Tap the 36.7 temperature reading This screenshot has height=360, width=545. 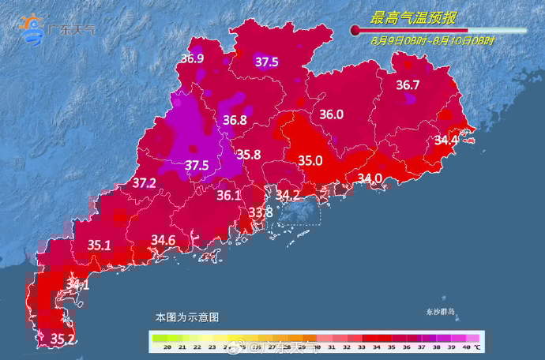tap(408, 84)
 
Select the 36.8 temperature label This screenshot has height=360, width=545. tap(235, 121)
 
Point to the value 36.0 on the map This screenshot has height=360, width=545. tap(331, 114)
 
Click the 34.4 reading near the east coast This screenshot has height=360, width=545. tap(446, 141)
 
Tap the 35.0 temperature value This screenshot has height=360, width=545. tap(310, 160)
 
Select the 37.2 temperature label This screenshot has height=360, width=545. tap(144, 183)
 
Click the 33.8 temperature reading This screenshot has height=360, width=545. tap(260, 212)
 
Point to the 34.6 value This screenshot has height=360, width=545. tap(163, 239)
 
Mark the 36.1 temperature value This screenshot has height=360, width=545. tap(228, 195)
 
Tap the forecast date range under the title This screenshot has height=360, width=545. tap(433, 41)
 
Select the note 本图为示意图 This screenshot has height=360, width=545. tap(186, 317)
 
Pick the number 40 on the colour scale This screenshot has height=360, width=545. tap(467, 347)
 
